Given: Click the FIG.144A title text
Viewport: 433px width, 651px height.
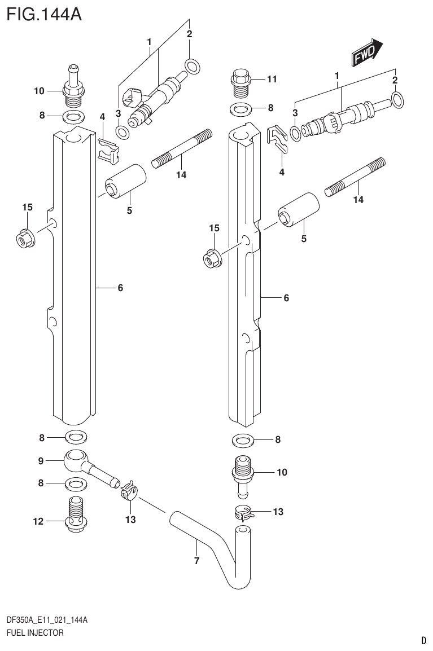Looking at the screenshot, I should click(x=44, y=13).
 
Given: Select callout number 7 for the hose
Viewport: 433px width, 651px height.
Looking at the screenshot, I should click(x=196, y=560).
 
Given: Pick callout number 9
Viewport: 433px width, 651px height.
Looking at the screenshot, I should click(x=40, y=461).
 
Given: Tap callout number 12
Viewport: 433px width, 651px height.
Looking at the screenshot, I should click(x=38, y=522).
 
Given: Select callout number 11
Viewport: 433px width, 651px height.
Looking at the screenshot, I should click(x=272, y=80).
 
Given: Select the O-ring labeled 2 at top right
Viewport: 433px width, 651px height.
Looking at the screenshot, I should click(x=397, y=100).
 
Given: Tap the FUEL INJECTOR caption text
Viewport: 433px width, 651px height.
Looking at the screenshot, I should click(x=34, y=633).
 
